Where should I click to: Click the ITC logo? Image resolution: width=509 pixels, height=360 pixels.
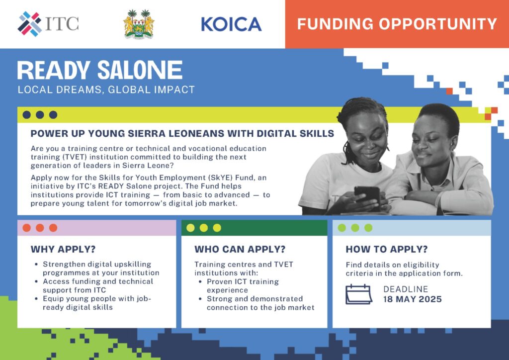coord(48,24)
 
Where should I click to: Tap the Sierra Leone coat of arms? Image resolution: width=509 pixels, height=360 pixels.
coord(139,24)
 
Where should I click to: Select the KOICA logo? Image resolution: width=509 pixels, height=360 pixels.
coord(231,24)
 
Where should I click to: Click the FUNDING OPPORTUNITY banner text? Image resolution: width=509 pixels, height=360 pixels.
coord(397,24)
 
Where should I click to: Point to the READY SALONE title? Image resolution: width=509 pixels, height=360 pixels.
coord(100,70)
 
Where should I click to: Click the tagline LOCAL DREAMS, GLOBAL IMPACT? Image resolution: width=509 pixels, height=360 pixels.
coord(106,90)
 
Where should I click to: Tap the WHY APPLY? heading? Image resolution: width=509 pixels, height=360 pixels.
coord(63,249)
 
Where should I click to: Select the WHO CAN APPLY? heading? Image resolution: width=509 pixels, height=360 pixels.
coord(240,249)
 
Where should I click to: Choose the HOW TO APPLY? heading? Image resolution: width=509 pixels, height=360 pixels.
coord(387,249)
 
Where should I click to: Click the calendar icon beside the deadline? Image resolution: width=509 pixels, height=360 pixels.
coord(359,294)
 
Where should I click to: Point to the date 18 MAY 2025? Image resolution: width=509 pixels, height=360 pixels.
coord(412,299)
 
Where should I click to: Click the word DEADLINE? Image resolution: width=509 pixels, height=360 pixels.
coord(406,289)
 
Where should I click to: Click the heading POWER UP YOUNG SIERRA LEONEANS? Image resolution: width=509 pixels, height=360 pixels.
coord(182,134)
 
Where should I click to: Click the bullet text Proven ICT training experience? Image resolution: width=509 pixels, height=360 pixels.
coord(243,286)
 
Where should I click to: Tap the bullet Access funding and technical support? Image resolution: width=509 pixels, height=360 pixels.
coord(98,285)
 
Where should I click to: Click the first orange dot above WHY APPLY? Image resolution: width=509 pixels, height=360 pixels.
coord(27,228)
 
